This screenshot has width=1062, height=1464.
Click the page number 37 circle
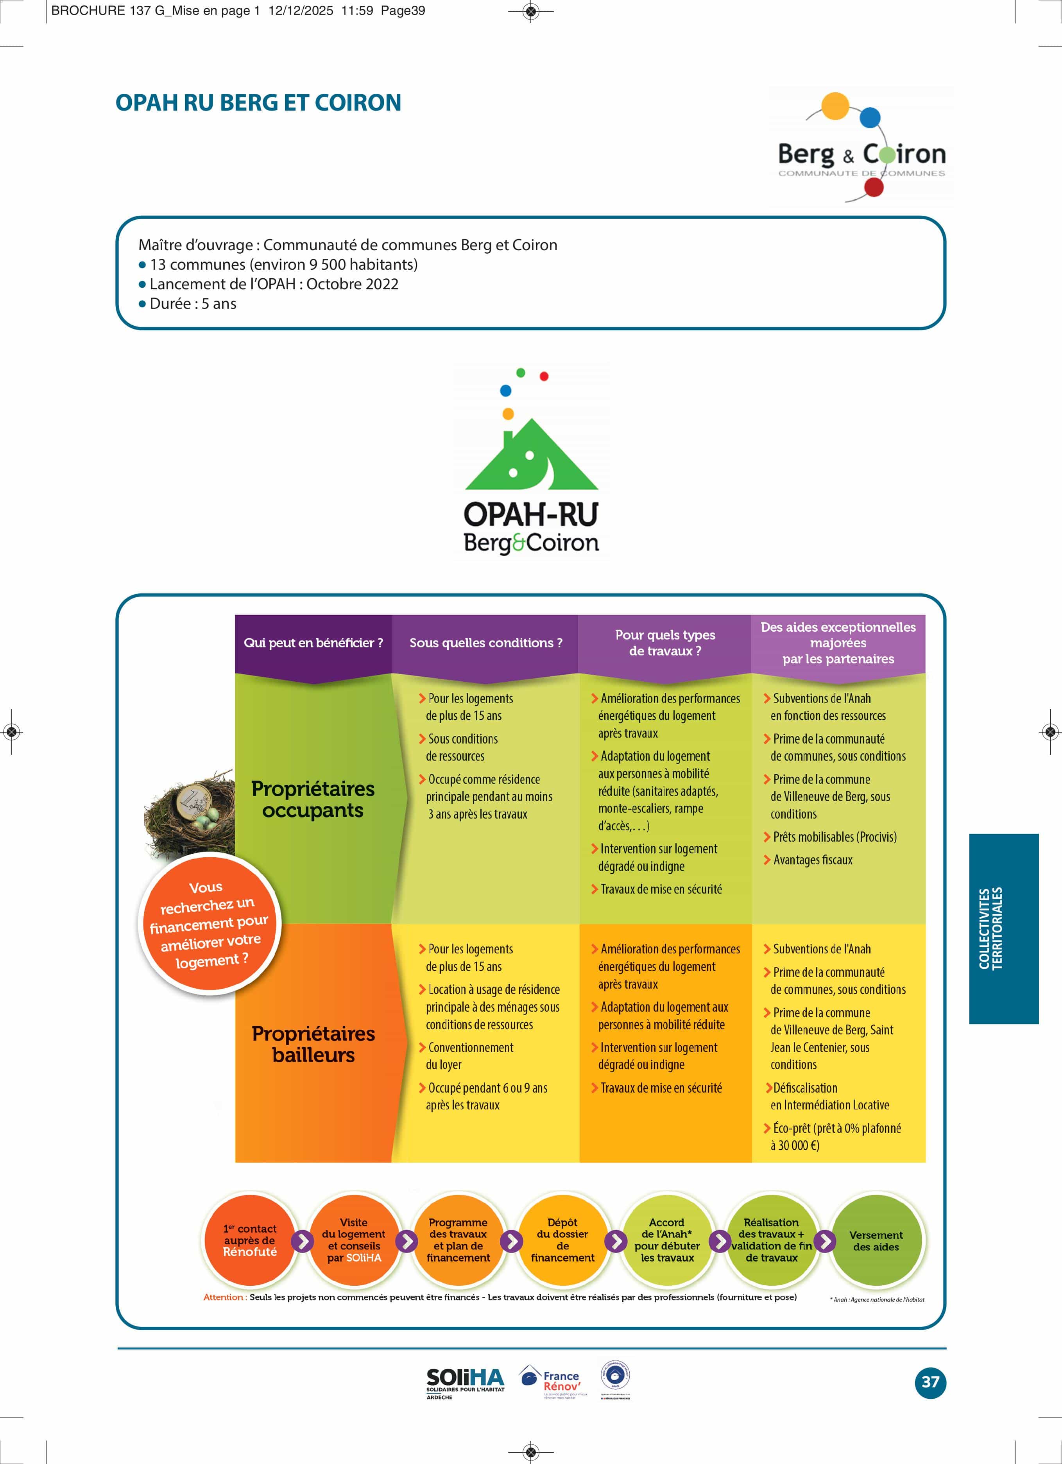click(x=929, y=1382)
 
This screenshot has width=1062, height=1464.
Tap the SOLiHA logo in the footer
click(x=465, y=1382)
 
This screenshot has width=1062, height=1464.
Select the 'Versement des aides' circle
click(x=876, y=1241)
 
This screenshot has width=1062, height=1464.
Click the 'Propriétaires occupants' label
click(x=313, y=799)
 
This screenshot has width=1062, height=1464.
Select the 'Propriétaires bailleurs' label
click(x=313, y=1044)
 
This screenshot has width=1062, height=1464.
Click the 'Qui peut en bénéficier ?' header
click(x=313, y=643)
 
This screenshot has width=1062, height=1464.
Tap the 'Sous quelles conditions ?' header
click(x=485, y=643)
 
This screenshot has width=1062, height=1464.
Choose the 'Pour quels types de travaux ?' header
click(x=665, y=643)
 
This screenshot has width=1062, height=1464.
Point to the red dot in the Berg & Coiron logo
click(x=874, y=187)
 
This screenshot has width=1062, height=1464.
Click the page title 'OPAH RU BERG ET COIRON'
click(x=258, y=103)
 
